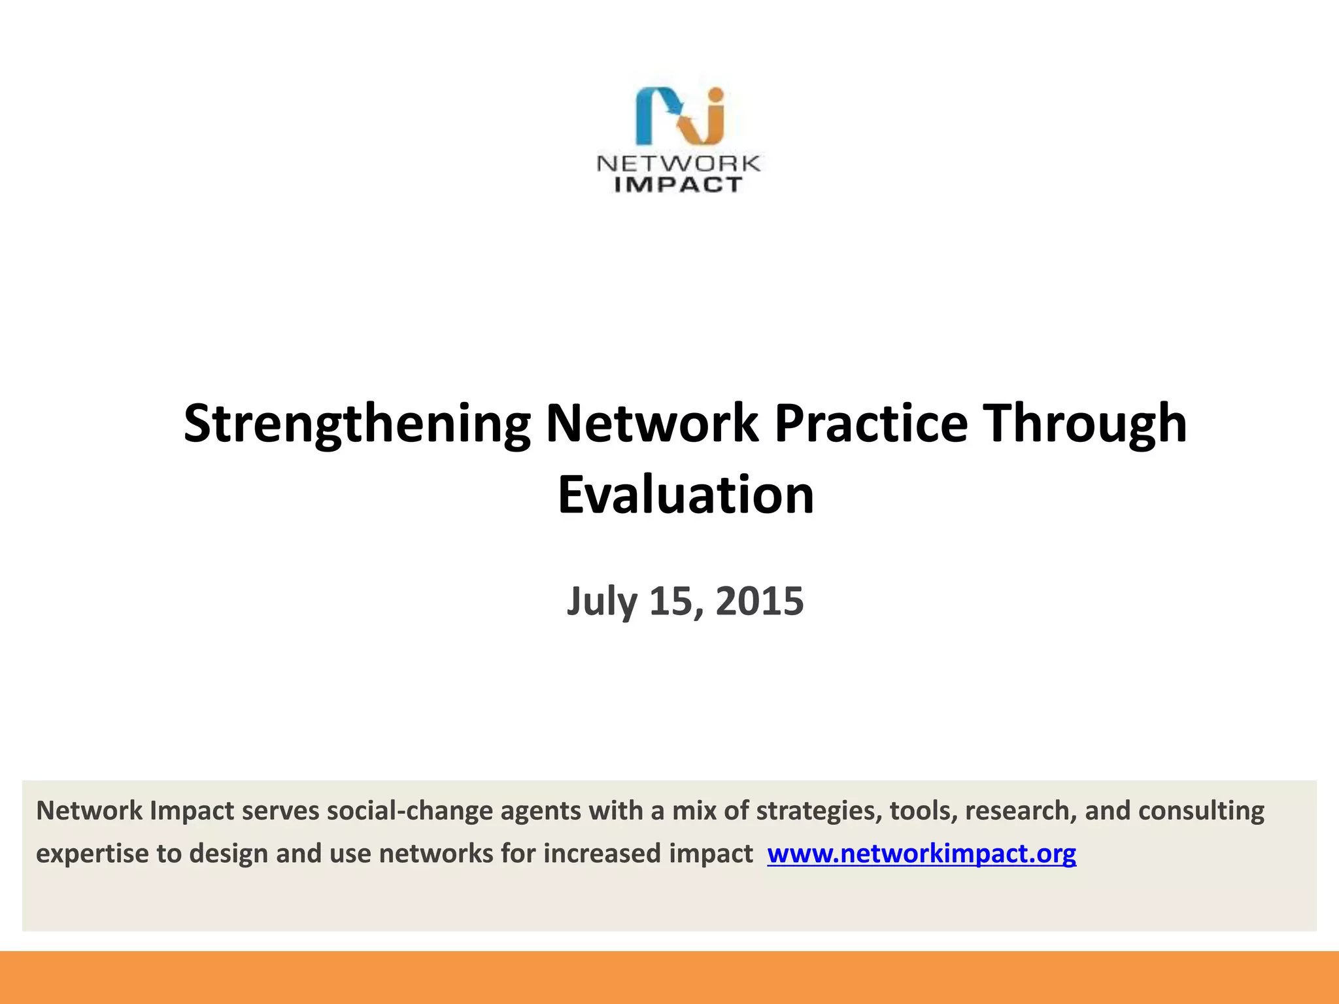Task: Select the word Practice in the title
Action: tap(871, 424)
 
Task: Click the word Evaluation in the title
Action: tap(686, 495)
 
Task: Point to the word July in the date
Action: tap(602, 601)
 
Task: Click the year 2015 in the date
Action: tap(760, 601)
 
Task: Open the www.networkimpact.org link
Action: tap(921, 854)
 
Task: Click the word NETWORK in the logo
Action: tap(679, 163)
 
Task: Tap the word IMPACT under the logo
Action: tap(679, 185)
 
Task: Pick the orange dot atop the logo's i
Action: tap(716, 95)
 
